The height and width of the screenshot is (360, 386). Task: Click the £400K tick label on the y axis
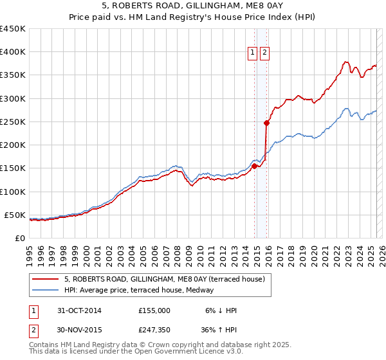coord(13,52)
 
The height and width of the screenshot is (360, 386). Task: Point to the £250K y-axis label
coord(13,122)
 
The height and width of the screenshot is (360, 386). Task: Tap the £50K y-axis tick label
coord(15,215)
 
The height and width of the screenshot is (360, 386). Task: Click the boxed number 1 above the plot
coord(253,53)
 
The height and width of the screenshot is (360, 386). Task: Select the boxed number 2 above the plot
coord(264,53)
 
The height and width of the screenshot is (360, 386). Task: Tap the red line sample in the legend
coord(46,279)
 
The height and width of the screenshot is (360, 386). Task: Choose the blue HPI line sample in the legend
coord(46,290)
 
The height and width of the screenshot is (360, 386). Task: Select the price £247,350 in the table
coord(154,330)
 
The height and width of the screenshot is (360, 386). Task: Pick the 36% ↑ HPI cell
coord(218,330)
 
